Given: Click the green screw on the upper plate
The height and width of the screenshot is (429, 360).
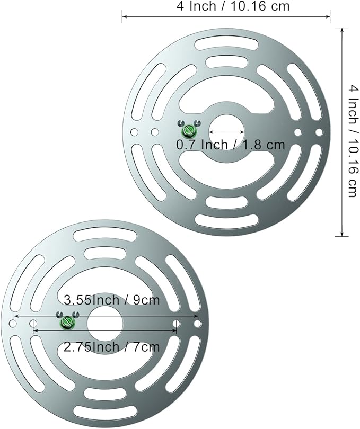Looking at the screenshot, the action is [x=189, y=131].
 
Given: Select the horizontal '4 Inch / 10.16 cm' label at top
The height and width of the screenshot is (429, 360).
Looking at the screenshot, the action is [x=233, y=6].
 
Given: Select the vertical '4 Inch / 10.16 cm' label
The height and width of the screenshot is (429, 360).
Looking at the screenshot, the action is [x=354, y=141].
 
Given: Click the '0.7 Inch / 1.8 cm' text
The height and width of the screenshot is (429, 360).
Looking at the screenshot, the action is [x=231, y=145].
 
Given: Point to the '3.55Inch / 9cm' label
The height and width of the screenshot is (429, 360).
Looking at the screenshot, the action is [x=111, y=300].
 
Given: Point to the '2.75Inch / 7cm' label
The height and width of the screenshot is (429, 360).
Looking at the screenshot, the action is [x=111, y=347].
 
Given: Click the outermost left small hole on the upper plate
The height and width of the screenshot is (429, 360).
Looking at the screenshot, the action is [x=134, y=132].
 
